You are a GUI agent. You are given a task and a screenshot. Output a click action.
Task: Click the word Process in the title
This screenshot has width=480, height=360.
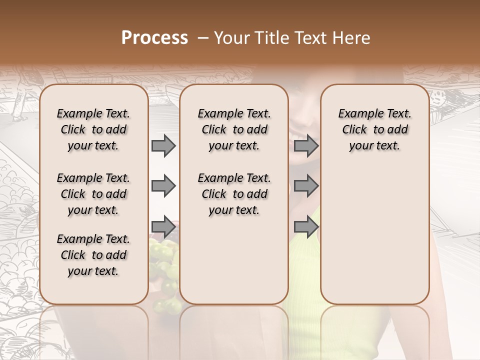point(154,38)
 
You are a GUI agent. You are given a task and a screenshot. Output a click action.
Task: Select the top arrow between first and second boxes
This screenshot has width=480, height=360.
point(163,145)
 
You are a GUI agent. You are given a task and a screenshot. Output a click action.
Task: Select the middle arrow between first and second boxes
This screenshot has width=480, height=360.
point(163,186)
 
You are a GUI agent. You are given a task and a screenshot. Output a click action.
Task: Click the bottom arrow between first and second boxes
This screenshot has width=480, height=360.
point(163,227)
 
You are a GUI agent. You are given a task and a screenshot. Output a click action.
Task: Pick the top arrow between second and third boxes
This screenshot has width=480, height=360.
point(305,145)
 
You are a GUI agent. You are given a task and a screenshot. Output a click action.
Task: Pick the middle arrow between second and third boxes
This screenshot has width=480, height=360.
point(305,186)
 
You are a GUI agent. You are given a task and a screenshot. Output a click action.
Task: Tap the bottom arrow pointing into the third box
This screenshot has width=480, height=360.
point(305,227)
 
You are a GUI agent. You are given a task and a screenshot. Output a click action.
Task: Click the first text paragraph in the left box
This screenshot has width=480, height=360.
point(93,129)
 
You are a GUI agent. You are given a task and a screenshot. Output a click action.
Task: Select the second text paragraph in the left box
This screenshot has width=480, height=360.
point(93,194)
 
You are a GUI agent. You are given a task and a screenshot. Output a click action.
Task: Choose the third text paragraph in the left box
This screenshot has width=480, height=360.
point(93,255)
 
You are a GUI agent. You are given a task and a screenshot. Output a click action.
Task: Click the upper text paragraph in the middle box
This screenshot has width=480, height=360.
point(234,129)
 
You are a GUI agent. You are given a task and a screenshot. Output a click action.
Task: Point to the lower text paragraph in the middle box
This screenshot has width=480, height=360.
point(234,194)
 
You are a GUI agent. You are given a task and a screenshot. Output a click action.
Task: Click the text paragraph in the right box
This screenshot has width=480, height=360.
point(374,129)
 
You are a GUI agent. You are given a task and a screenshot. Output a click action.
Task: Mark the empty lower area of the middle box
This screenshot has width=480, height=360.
point(234,260)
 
